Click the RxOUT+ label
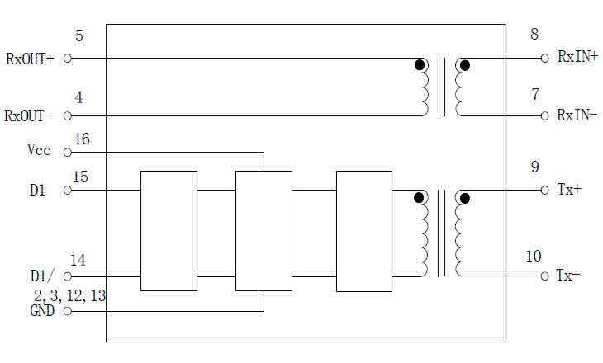[x=30, y=59]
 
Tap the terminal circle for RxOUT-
[x=67, y=115]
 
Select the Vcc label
[x=39, y=150]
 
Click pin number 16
[x=82, y=139]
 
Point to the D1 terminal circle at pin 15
[x=67, y=190]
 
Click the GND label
[x=42, y=311]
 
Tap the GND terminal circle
[x=67, y=311]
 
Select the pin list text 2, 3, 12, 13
[x=69, y=296]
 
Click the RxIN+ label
[x=577, y=57]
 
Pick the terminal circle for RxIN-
[x=544, y=115]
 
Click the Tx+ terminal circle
[x=544, y=190]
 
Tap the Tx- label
[x=568, y=275]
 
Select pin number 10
[x=534, y=257]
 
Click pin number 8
[x=534, y=34]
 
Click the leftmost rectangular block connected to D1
[x=169, y=231]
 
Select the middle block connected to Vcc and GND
[x=264, y=231]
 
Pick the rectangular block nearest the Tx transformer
[x=364, y=231]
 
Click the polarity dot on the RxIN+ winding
[x=465, y=65]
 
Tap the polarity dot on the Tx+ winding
[x=465, y=199]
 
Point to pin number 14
[x=78, y=261]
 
